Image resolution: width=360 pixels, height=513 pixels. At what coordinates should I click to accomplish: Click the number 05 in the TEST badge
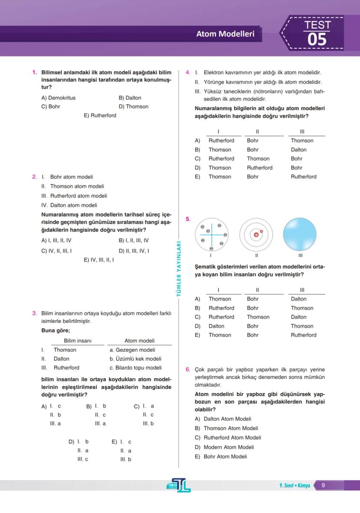click(317, 40)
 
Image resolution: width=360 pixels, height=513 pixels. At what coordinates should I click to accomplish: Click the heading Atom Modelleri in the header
click(225, 34)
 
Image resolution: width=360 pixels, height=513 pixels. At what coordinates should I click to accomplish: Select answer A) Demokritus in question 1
click(58, 98)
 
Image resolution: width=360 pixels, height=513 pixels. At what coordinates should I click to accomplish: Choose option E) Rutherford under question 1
click(100, 116)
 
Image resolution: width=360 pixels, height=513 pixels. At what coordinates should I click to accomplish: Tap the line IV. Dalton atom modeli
click(69, 205)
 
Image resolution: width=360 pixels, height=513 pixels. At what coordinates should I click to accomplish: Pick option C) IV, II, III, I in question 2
click(57, 251)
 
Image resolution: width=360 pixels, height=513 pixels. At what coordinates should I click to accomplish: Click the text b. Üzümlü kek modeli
click(135, 359)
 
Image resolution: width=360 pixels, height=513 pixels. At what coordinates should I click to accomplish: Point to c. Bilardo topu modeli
click(135, 368)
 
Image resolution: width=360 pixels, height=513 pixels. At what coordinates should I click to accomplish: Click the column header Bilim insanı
click(78, 341)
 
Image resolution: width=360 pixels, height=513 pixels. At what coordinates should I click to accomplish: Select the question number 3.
click(34, 313)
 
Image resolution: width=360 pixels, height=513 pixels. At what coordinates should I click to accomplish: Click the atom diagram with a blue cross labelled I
click(211, 235)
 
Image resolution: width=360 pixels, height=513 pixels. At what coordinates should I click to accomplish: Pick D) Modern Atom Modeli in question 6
click(224, 447)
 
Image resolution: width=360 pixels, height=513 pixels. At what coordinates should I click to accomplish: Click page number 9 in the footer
click(323, 486)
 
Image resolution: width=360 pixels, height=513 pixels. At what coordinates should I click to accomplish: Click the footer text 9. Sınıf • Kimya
click(295, 486)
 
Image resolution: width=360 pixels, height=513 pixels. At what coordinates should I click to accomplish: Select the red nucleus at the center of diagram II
click(256, 235)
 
